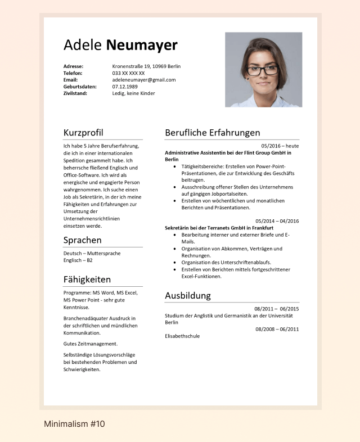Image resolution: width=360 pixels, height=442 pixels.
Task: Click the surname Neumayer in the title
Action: pyautogui.click(x=142, y=46)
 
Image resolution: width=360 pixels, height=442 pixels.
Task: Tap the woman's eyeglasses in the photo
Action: pyautogui.click(x=263, y=70)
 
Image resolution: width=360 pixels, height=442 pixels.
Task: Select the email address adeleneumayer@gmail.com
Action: pyautogui.click(x=144, y=80)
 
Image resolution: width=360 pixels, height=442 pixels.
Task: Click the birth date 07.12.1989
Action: pyautogui.click(x=125, y=87)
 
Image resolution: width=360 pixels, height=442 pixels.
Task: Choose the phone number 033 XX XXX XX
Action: pyautogui.click(x=128, y=73)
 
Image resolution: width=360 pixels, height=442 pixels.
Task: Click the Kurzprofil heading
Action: pyautogui.click(x=83, y=133)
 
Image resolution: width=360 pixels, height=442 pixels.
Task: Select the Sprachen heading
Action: pyautogui.click(x=83, y=240)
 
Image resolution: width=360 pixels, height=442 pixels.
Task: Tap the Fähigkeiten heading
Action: pyautogui.click(x=87, y=279)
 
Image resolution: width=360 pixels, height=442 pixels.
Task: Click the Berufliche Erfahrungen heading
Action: pyautogui.click(x=213, y=133)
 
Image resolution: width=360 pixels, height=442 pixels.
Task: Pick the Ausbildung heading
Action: pyautogui.click(x=188, y=295)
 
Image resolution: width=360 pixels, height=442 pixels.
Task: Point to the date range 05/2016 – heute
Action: pyautogui.click(x=280, y=146)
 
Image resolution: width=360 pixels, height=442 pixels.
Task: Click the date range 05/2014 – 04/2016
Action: pyautogui.click(x=277, y=221)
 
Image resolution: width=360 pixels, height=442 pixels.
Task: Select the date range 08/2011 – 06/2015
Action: pyautogui.click(x=277, y=309)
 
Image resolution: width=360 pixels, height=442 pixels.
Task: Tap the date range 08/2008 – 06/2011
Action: pyautogui.click(x=277, y=329)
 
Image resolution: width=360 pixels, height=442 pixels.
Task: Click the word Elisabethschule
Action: pyautogui.click(x=182, y=336)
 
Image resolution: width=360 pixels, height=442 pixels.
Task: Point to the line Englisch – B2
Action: pyautogui.click(x=78, y=260)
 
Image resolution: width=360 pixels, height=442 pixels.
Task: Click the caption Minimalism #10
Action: pyautogui.click(x=74, y=424)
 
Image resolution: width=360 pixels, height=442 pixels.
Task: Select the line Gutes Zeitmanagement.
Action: pyautogui.click(x=91, y=344)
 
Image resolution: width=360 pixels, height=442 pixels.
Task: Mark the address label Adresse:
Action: pyautogui.click(x=74, y=66)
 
